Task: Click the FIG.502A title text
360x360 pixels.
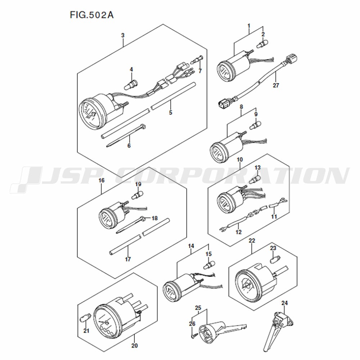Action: [x=92, y=15]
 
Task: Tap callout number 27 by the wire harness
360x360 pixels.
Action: [x=276, y=85]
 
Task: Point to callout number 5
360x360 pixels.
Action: [x=170, y=112]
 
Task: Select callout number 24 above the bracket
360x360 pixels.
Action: [x=284, y=303]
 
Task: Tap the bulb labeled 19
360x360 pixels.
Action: [x=137, y=194]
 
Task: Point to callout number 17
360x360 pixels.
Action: [x=128, y=259]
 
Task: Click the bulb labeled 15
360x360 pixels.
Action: [x=210, y=265]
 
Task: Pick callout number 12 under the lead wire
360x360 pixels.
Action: [x=239, y=232]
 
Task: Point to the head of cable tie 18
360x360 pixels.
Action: [x=143, y=218]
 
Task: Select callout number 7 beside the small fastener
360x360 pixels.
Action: [x=200, y=71]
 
